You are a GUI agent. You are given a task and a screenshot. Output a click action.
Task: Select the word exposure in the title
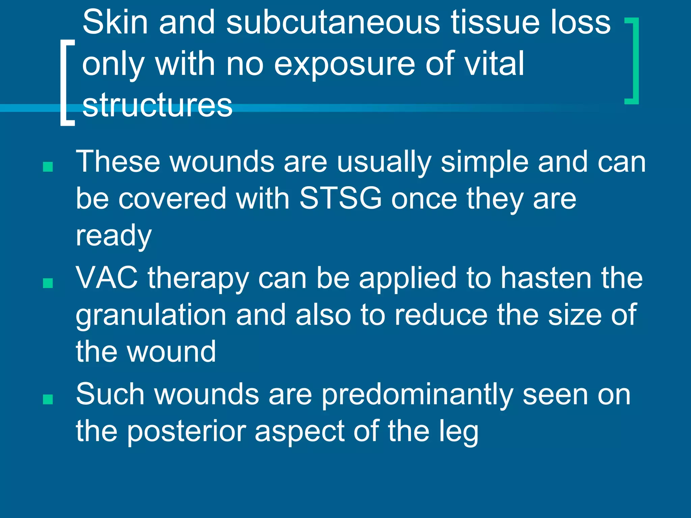click(344, 64)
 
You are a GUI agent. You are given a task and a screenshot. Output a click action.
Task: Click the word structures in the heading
click(157, 105)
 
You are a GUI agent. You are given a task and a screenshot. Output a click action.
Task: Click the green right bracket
click(633, 61)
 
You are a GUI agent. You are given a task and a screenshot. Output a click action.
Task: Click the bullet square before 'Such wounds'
click(48, 399)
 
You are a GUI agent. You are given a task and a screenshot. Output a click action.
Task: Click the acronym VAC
click(107, 278)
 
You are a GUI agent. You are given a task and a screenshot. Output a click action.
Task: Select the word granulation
click(151, 315)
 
